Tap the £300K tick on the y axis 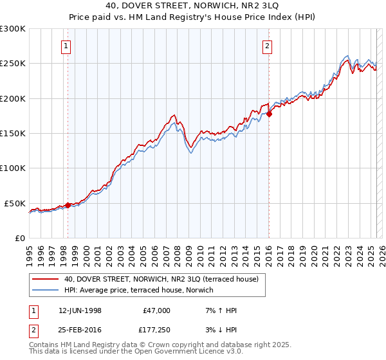13,29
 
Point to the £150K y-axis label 13,133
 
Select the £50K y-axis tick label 15,203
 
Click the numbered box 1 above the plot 67,46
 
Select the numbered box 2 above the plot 267,46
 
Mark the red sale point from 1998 68,205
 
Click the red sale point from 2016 270,114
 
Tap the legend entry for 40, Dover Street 161,279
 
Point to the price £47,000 156,310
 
